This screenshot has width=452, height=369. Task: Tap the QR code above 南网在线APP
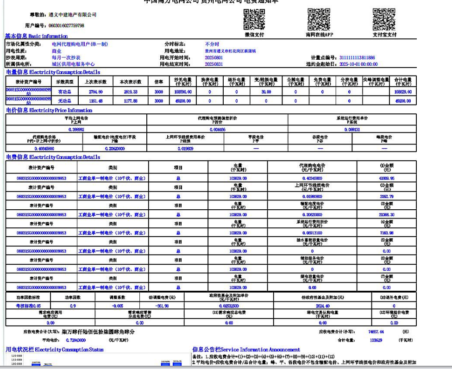pos(319,19)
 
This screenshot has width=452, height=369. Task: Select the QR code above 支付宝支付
pos(384,19)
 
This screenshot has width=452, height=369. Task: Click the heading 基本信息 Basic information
pos(36,36)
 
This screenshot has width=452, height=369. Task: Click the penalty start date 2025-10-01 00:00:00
pos(358,64)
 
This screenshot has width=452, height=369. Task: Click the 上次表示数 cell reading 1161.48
pos(95,100)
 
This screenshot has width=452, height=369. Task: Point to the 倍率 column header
pos(159,81)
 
